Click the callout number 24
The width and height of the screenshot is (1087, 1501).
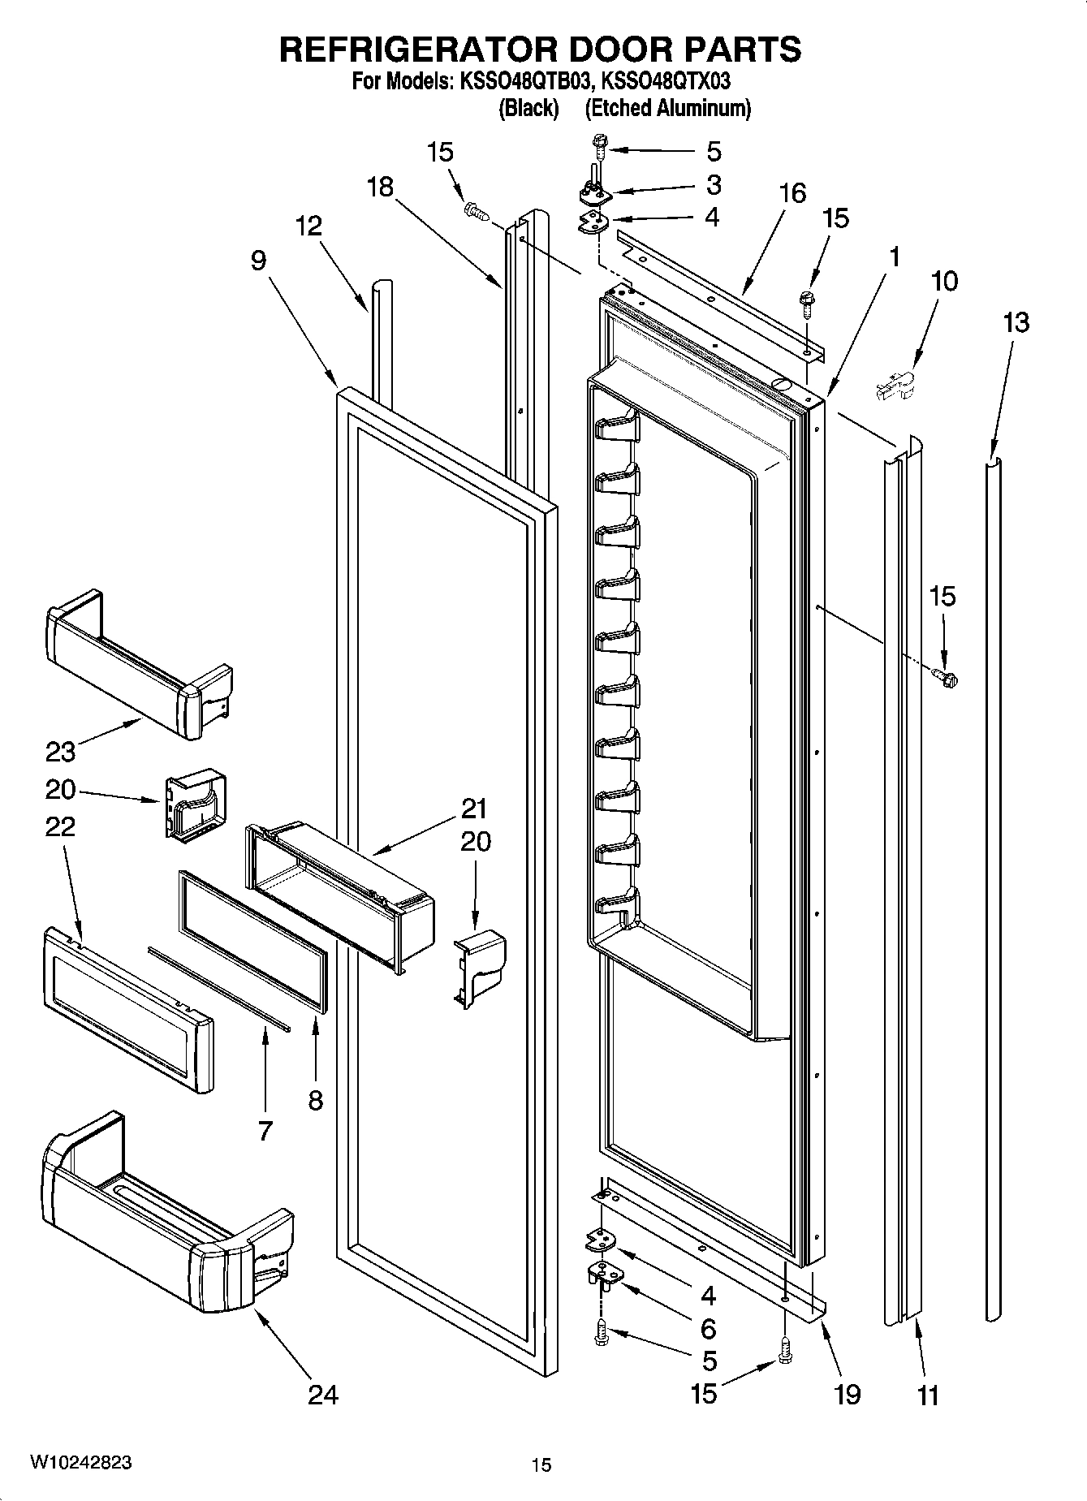click(323, 1395)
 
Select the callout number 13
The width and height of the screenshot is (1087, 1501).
click(1015, 322)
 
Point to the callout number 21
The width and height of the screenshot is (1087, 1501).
click(474, 809)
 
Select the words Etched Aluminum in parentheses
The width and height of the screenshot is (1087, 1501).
click(667, 108)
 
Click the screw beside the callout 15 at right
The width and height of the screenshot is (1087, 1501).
click(944, 675)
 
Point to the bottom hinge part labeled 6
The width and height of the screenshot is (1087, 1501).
click(602, 1275)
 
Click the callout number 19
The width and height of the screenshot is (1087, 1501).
click(847, 1395)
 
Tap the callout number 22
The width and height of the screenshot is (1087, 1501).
click(60, 826)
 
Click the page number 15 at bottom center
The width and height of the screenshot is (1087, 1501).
click(541, 1465)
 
